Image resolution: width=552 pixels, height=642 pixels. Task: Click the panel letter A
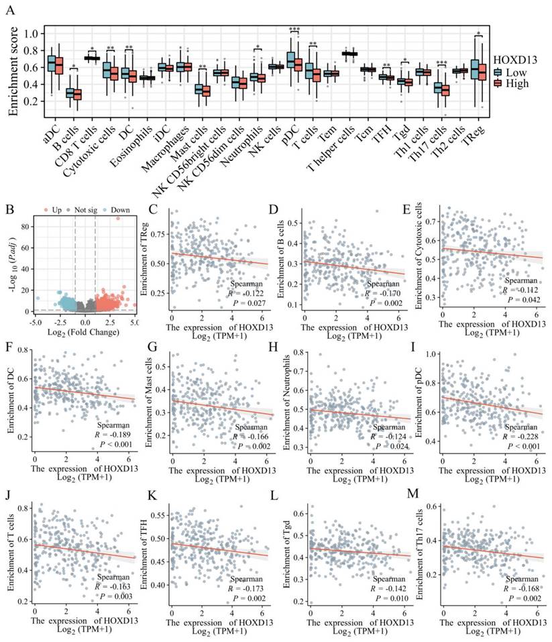point(11,9)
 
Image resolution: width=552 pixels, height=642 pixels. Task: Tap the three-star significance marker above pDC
point(294,30)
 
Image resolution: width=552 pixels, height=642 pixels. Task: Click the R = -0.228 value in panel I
point(514,437)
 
